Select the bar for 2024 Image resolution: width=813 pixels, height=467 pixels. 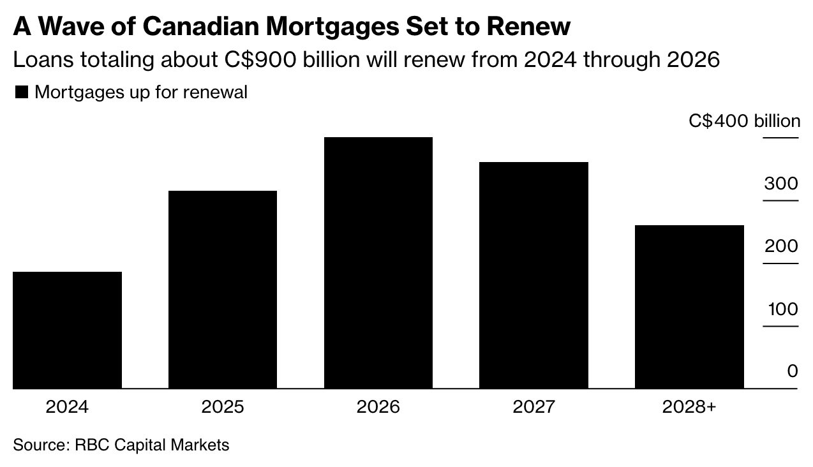(67, 330)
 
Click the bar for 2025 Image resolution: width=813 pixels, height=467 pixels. (223, 290)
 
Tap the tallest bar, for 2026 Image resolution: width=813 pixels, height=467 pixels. (378, 263)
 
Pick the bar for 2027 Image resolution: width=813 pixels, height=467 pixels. (533, 276)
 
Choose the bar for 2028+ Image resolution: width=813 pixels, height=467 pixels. (689, 307)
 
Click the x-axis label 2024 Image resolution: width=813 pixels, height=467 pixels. (67, 407)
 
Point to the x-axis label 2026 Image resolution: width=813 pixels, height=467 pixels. (378, 407)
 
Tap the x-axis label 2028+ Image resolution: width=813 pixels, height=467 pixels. (689, 407)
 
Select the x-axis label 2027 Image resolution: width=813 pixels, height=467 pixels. (533, 407)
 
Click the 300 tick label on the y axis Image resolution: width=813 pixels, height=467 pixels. (781, 184)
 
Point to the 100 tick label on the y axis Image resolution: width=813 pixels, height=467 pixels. (782, 309)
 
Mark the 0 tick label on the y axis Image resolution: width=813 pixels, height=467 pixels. (793, 371)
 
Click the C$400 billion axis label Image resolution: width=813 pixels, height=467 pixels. (744, 121)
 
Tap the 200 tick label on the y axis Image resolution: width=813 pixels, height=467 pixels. (781, 246)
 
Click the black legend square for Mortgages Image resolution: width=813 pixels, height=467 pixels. (22, 92)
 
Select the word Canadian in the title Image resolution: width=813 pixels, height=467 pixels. (201, 27)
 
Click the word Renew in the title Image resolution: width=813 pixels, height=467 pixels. (525, 27)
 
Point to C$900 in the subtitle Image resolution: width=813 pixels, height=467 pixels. (260, 60)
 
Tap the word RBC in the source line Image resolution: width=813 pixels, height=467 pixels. (92, 445)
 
